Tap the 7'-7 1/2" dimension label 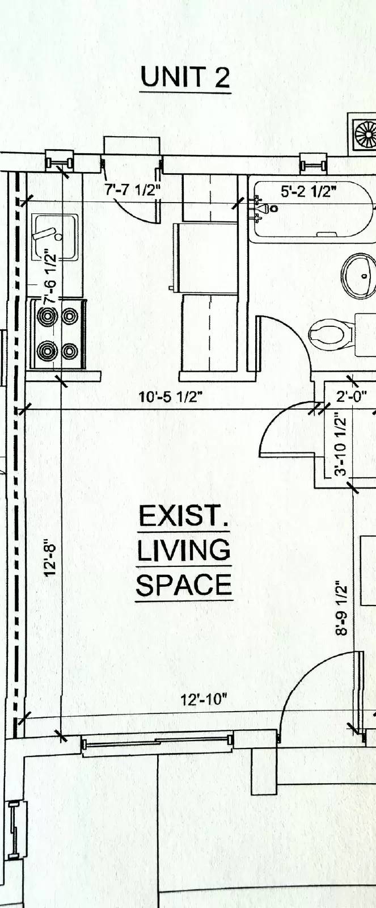click(132, 190)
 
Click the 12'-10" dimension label click(204, 699)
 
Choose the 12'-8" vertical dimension click(50, 558)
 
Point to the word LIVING click(184, 550)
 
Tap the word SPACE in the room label click(184, 585)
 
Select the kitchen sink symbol click(54, 237)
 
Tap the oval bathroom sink click(358, 275)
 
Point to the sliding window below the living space click(157, 744)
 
